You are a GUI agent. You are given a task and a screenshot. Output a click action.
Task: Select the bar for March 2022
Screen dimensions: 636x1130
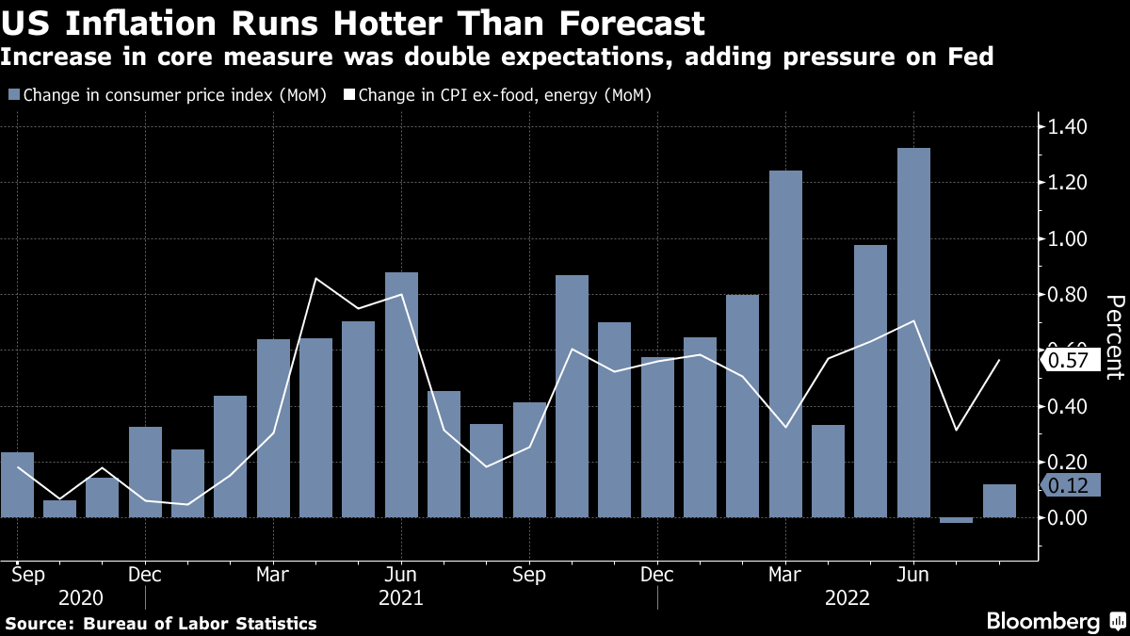click(x=785, y=344)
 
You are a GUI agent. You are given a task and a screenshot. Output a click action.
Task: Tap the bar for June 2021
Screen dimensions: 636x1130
click(x=401, y=395)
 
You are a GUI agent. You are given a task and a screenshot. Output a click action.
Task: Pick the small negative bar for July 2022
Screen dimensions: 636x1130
click(x=956, y=520)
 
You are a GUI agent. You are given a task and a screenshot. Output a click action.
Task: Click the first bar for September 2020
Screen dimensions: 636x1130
click(x=17, y=484)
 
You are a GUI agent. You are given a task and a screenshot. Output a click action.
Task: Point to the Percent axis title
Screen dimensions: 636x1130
click(x=1114, y=336)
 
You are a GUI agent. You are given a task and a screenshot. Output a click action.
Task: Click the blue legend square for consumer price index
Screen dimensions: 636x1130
click(x=13, y=95)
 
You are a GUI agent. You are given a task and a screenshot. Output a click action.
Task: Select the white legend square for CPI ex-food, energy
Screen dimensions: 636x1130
click(x=349, y=95)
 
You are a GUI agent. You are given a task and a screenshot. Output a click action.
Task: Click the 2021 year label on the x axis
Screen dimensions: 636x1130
click(x=400, y=597)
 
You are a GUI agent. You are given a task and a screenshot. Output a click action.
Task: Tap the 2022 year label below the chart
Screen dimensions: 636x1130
click(x=847, y=597)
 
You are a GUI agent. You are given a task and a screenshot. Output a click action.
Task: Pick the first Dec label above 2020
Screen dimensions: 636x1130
click(x=144, y=574)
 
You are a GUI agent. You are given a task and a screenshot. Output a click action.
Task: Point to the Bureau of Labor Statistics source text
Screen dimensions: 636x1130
click(x=201, y=624)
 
